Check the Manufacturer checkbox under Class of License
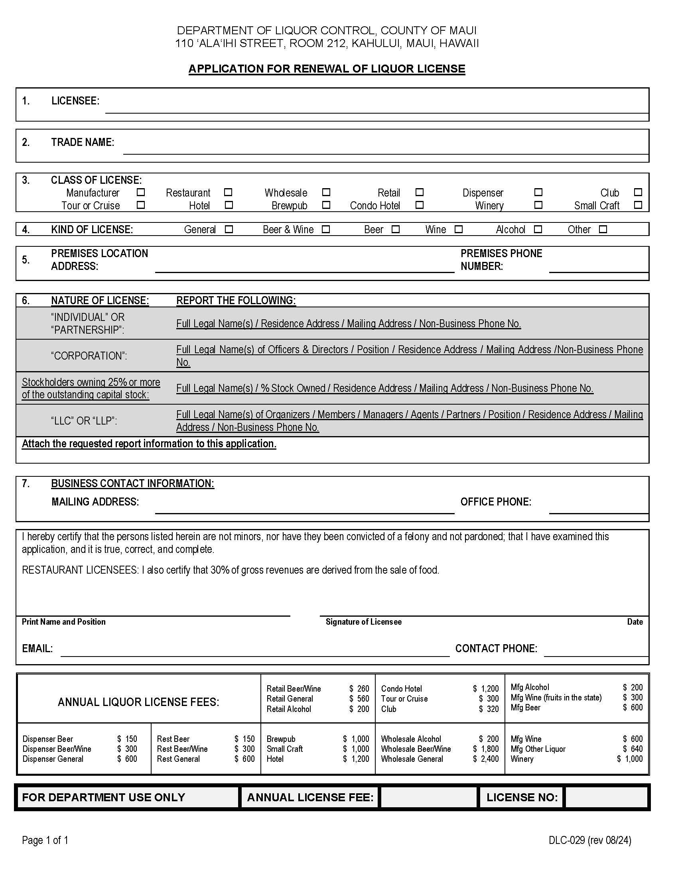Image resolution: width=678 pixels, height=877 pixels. [x=140, y=193]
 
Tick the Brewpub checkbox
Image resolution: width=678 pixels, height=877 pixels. [x=326, y=205]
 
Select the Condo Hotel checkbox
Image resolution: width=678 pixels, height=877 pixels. [x=419, y=205]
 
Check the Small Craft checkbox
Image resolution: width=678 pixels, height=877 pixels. [x=637, y=205]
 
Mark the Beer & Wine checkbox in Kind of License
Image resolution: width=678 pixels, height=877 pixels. [x=326, y=229]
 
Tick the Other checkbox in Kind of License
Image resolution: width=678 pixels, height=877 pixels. [x=603, y=229]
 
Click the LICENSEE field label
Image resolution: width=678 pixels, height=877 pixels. [x=75, y=101]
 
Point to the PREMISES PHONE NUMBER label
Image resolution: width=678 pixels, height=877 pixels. [x=501, y=260]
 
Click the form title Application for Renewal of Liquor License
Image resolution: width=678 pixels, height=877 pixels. [x=327, y=69]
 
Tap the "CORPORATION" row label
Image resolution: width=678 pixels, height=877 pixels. [x=89, y=356]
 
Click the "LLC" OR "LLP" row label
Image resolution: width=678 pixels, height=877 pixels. [x=84, y=421]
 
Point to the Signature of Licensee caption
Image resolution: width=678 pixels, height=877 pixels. [x=363, y=622]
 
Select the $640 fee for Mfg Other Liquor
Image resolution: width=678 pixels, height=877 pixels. [x=633, y=749]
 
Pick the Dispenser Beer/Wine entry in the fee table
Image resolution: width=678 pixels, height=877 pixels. [x=57, y=749]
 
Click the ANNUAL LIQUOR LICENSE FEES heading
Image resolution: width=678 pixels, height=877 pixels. [x=138, y=702]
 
